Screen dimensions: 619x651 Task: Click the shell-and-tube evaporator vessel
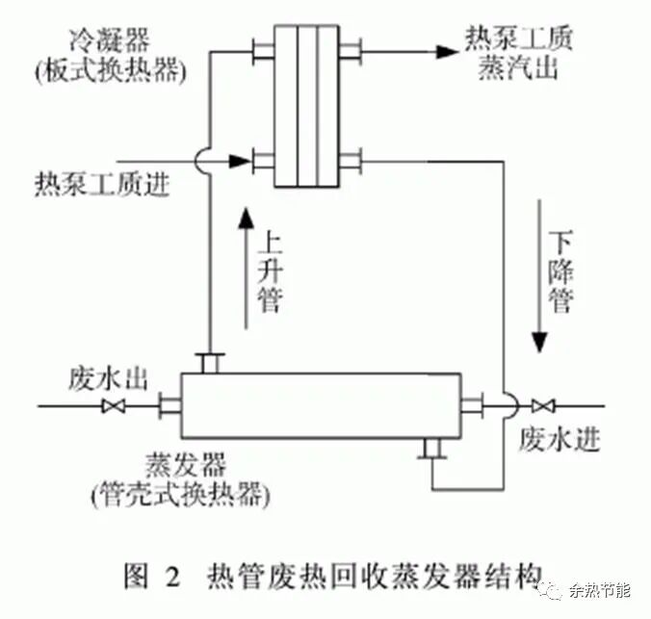[x=322, y=405]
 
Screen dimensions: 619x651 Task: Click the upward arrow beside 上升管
[x=247, y=270]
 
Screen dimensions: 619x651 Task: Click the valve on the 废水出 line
[x=113, y=407]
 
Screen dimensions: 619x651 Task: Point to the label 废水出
[x=107, y=377]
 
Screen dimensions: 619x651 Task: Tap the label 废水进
[x=559, y=439]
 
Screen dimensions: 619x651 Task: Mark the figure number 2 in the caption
[x=172, y=579]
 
